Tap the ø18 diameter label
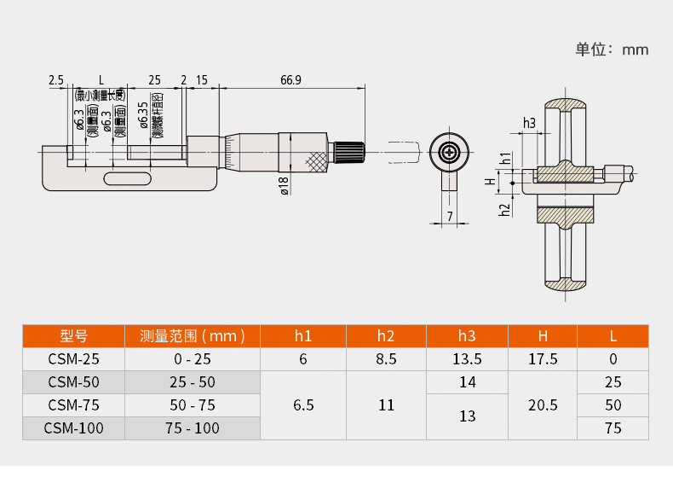(x=285, y=185)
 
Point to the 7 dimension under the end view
(x=450, y=217)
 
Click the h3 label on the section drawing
(x=529, y=123)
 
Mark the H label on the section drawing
(x=490, y=181)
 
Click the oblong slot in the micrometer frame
(x=125, y=178)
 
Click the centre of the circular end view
(x=449, y=153)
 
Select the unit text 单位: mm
(x=612, y=49)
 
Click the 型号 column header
(x=73, y=335)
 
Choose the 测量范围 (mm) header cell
(x=192, y=335)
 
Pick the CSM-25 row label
(x=73, y=359)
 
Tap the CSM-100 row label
(x=73, y=428)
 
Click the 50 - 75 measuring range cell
(x=192, y=405)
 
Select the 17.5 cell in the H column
(x=543, y=359)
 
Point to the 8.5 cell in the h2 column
(x=386, y=359)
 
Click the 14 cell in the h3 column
(x=467, y=382)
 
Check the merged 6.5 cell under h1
(x=303, y=405)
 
